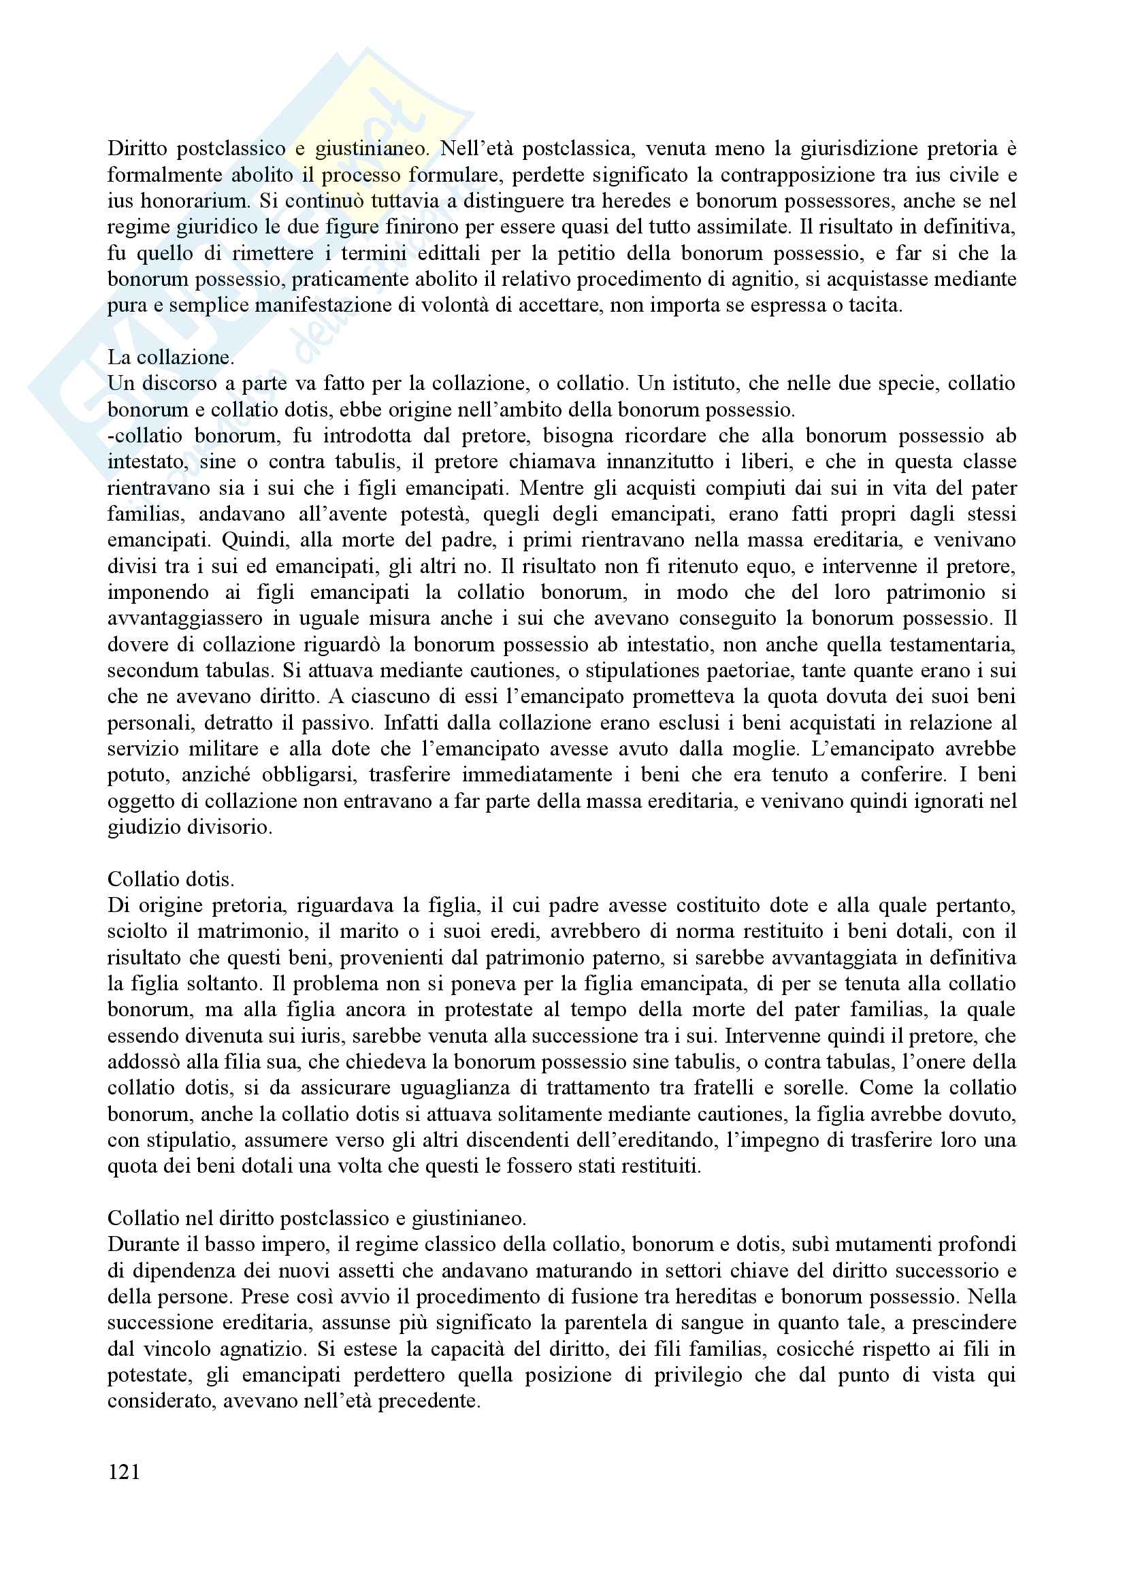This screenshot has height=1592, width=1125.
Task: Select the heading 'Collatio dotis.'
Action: point(171,879)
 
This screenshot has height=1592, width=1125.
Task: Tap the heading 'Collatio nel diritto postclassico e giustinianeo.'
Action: point(316,1218)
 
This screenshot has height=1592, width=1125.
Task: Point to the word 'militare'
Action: point(225,749)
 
